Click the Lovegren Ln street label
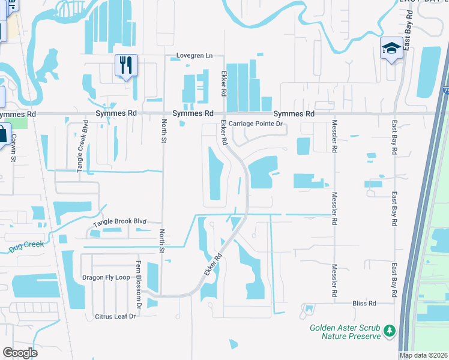[x=194, y=56]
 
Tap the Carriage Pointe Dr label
[x=255, y=124]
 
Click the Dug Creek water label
[x=23, y=248]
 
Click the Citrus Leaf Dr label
[x=115, y=316]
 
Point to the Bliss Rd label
[x=364, y=304]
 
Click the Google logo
[x=20, y=353]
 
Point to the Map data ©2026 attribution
[x=424, y=355]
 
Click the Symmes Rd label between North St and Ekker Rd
[x=193, y=113]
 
